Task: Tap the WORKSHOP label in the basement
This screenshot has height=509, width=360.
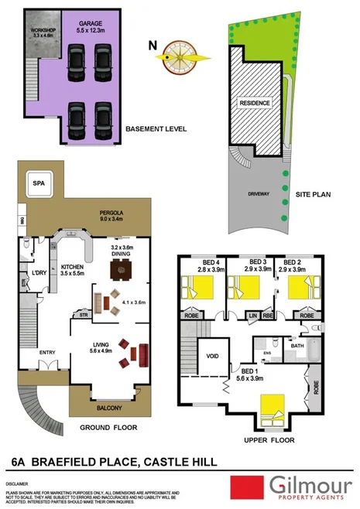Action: tap(42, 32)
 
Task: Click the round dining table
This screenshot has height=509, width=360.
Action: tap(120, 271)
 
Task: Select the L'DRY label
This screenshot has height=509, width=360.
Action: tap(39, 274)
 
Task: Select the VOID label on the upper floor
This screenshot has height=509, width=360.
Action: tap(211, 357)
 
